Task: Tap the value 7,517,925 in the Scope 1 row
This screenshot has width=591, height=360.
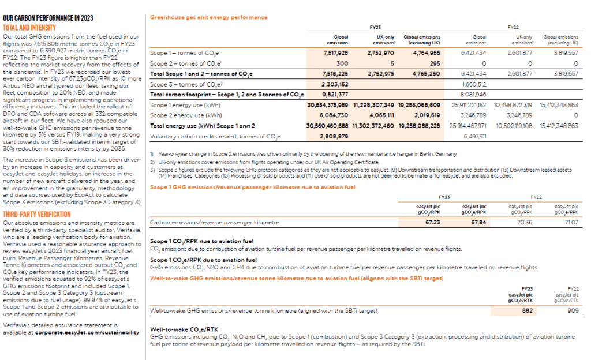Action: pyautogui.click(x=335, y=52)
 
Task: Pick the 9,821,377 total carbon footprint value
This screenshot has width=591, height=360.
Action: pyautogui.click(x=336, y=95)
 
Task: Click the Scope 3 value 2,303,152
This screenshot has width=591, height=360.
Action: pyautogui.click(x=336, y=84)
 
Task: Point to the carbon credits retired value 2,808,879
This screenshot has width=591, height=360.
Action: pyautogui.click(x=336, y=137)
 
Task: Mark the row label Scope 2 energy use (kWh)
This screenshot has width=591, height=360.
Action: pyautogui.click(x=183, y=115)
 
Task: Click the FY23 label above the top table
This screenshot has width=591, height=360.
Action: pyautogui.click(x=375, y=27)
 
